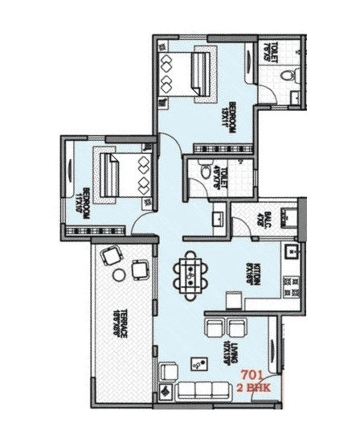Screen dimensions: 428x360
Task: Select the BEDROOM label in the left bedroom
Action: [83, 202]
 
